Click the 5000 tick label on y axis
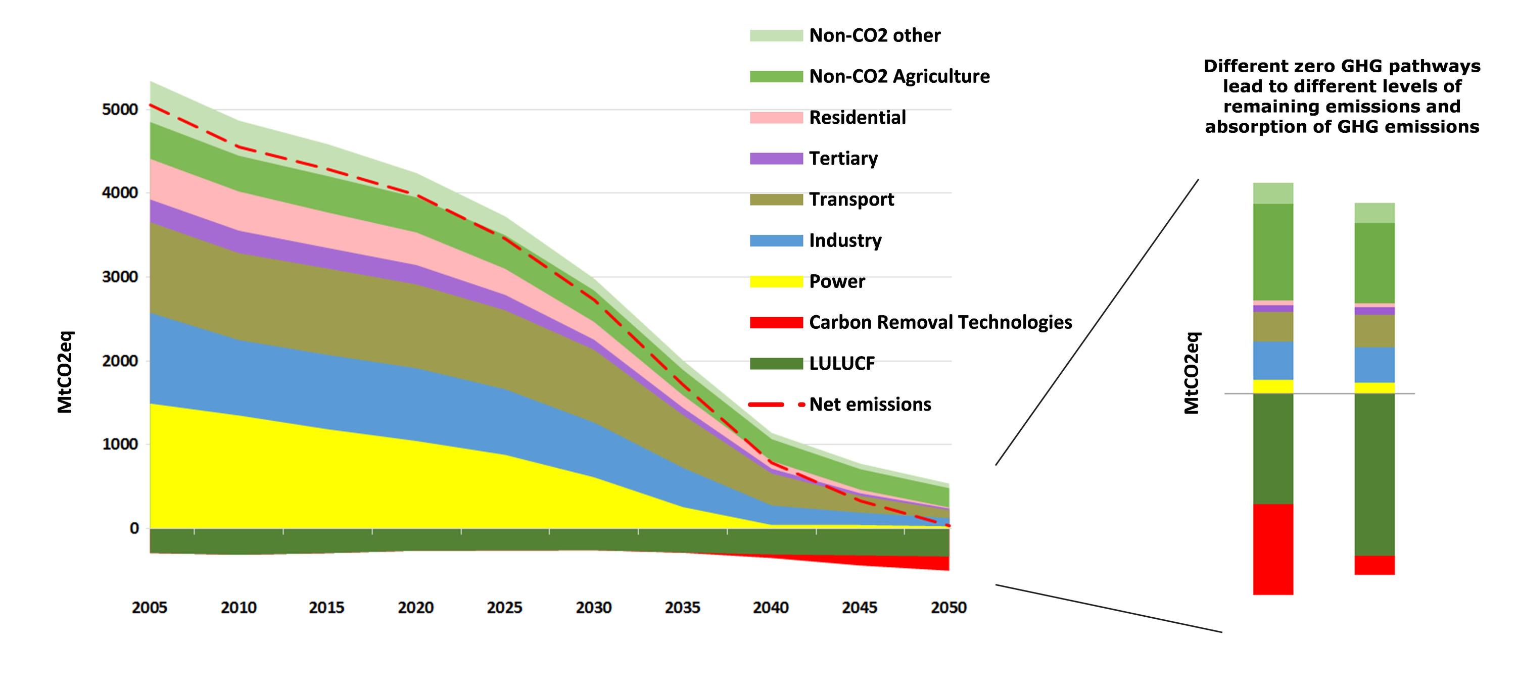(x=120, y=110)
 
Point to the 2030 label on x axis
(x=593, y=607)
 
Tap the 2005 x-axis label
(x=150, y=607)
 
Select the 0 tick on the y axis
(x=135, y=528)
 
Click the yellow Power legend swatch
(x=776, y=282)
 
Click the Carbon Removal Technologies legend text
(x=940, y=322)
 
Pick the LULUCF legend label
(x=841, y=364)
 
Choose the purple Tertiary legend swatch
(x=776, y=159)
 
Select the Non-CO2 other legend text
(x=875, y=35)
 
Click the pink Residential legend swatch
(x=776, y=118)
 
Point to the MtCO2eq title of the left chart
(x=65, y=372)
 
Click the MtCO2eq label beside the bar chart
(x=1191, y=373)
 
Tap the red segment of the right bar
(x=1374, y=565)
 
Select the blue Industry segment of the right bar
(x=1374, y=365)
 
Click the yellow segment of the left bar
(x=1273, y=386)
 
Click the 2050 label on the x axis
(x=948, y=607)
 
